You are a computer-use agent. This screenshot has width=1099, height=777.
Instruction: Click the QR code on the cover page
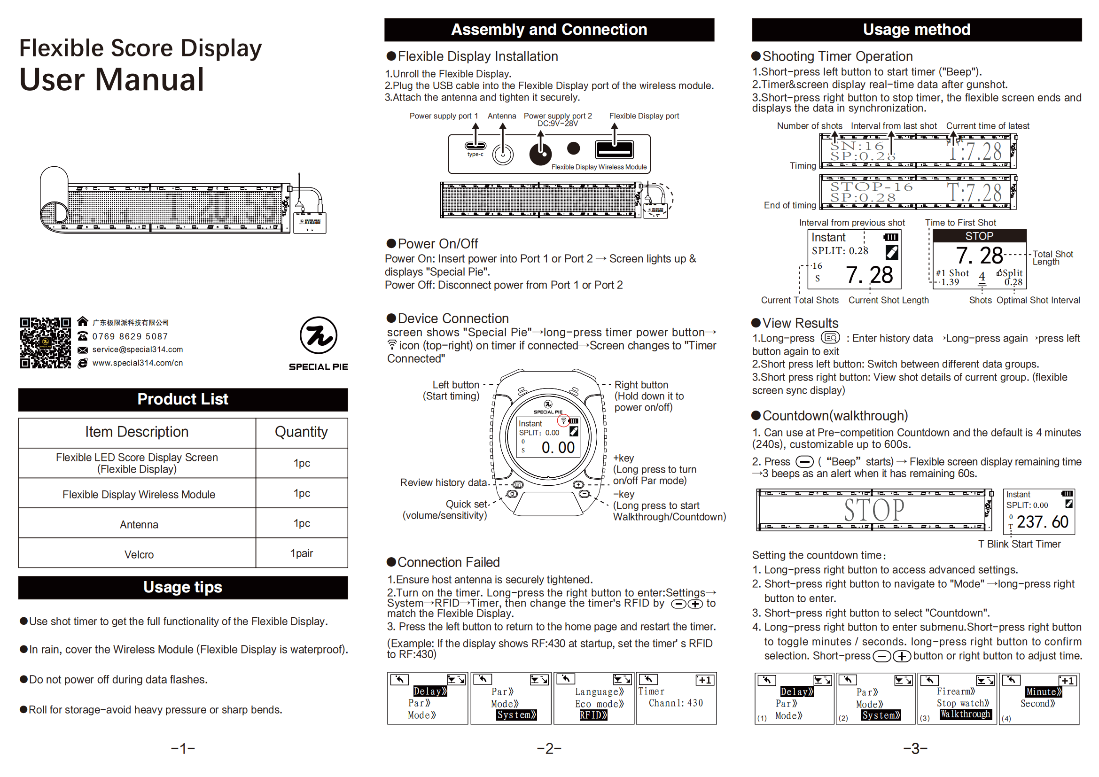(46, 342)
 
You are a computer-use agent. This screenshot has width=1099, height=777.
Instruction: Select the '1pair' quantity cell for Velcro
(302, 553)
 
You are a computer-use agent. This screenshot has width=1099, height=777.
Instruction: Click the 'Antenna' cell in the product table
(139, 524)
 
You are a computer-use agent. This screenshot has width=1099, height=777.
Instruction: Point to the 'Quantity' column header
(301, 432)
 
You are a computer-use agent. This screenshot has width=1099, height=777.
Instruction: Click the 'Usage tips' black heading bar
(183, 587)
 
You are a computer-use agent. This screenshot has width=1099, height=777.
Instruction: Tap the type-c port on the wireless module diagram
(475, 146)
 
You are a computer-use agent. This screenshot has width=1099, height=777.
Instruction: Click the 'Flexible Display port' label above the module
(644, 116)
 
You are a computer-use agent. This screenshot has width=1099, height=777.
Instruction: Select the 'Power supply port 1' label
(443, 116)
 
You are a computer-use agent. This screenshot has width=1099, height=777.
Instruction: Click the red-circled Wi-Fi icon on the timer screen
(563, 420)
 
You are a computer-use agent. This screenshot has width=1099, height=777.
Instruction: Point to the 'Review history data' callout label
(443, 482)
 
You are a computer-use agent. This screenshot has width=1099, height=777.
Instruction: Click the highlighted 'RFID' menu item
(593, 715)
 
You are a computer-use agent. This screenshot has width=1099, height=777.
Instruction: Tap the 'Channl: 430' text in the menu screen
(675, 703)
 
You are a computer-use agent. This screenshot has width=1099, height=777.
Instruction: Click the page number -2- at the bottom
(549, 748)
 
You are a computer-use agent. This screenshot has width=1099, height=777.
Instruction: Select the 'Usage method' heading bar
(916, 30)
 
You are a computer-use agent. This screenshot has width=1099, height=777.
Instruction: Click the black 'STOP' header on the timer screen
(979, 236)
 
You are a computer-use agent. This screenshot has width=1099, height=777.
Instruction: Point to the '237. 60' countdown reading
(1042, 521)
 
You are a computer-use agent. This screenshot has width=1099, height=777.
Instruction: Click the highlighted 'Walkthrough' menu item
(965, 714)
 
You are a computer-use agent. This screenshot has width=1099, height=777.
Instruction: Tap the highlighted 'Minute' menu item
(1044, 692)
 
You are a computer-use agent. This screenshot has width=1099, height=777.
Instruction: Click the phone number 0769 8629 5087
(130, 336)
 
